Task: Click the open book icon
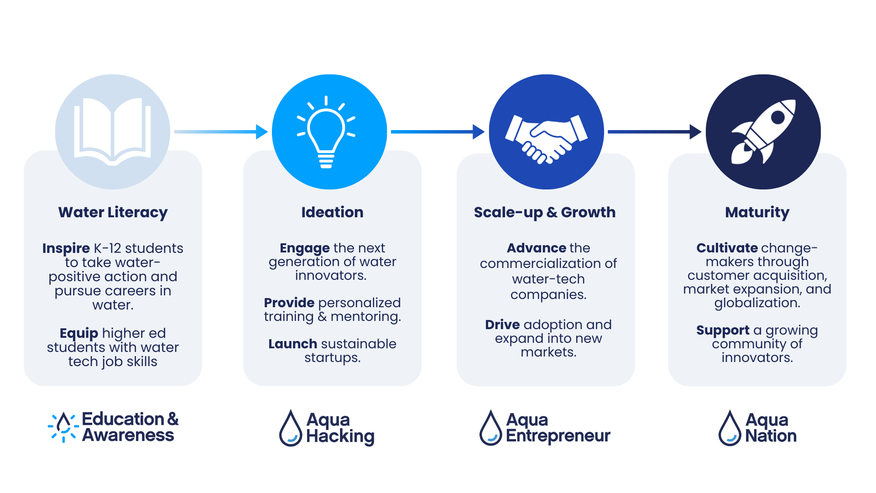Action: [112, 131]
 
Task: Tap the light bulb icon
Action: [326, 132]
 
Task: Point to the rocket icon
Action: [763, 131]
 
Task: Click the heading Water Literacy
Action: [113, 212]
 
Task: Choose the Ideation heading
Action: [332, 212]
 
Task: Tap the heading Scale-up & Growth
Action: [544, 212]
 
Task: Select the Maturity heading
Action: [757, 212]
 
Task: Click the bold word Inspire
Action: [66, 248]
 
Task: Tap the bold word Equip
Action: [79, 333]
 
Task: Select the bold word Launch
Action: [292, 344]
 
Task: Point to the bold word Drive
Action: [502, 325]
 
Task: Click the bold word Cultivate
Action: [727, 248]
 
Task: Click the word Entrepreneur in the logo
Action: [558, 436]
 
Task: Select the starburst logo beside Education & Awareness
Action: [64, 427]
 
